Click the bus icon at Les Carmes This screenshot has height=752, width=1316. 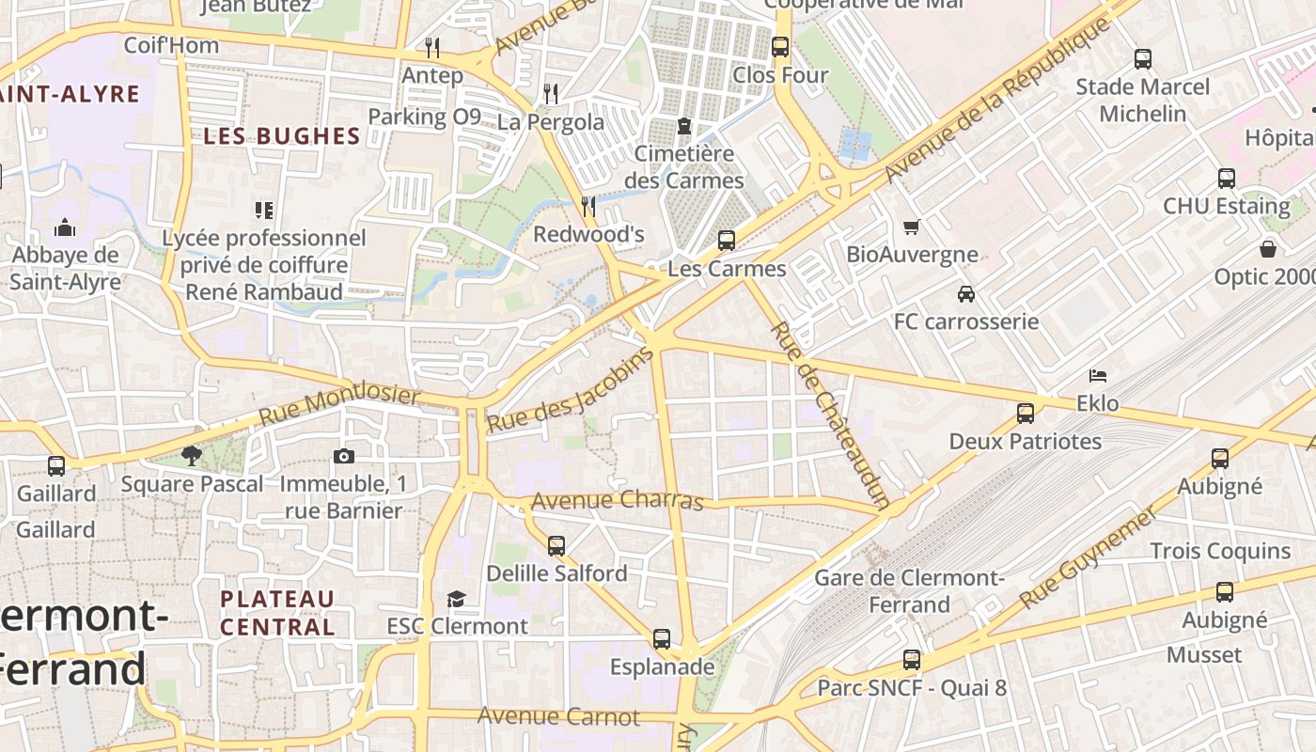pos(727,241)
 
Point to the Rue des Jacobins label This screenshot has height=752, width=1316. pos(570,390)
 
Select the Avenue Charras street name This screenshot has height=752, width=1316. pos(617,500)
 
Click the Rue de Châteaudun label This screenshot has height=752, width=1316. pos(829,415)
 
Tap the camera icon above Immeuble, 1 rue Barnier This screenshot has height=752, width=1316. pos(344,457)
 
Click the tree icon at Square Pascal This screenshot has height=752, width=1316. pos(192,457)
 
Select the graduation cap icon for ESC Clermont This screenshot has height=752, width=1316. pos(457,599)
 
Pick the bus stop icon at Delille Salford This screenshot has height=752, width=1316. pos(556,546)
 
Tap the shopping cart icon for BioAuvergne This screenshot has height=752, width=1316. pos(911,227)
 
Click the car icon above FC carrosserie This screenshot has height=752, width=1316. pos(965,294)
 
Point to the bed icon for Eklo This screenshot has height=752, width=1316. pos(1097,376)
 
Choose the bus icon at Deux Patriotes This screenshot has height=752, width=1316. pos(1025,414)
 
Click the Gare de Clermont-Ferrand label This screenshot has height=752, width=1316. pos(909,591)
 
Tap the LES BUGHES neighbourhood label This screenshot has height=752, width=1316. pos(282,136)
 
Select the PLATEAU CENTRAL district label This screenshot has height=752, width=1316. pos(277,613)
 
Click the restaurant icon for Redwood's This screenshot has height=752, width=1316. pos(588,206)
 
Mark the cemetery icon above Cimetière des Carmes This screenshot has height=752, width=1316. pos(684,126)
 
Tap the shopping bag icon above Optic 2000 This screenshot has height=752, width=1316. pos(1268,249)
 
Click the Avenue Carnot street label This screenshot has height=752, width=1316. pos(558,716)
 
